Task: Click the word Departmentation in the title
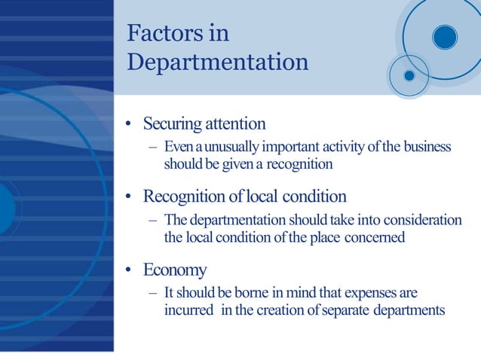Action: pyautogui.click(x=217, y=62)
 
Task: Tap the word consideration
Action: pyautogui.click(x=422, y=220)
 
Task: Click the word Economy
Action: pyautogui.click(x=175, y=270)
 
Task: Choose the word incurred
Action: pyautogui.click(x=188, y=310)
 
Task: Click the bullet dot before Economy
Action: pyautogui.click(x=130, y=270)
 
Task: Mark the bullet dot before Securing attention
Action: pyautogui.click(x=130, y=124)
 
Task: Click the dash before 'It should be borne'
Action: pyautogui.click(x=153, y=292)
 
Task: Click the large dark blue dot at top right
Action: pyautogui.click(x=445, y=36)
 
